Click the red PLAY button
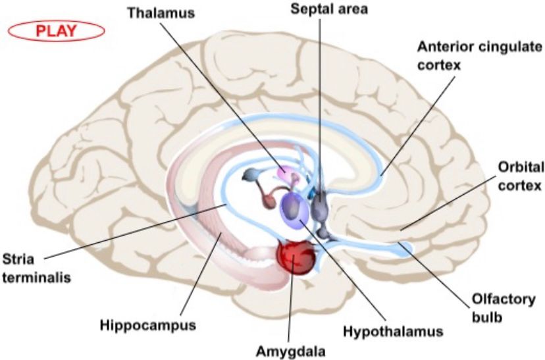pyautogui.click(x=56, y=31)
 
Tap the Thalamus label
pyautogui.click(x=161, y=13)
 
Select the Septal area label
pyautogui.click(x=329, y=9)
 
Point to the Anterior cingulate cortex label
pyautogui.click(x=480, y=55)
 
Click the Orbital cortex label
pyautogui.click(x=521, y=176)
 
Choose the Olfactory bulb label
pyautogui.click(x=504, y=308)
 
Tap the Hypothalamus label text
pyautogui.click(x=393, y=332)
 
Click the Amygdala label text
pyautogui.click(x=291, y=351)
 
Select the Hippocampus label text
pyautogui.click(x=147, y=325)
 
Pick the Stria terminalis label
pyautogui.click(x=36, y=269)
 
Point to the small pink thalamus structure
pyautogui.click(x=286, y=171)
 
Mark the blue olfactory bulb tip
pyautogui.click(x=407, y=249)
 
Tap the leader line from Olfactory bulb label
pyautogui.click(x=433, y=274)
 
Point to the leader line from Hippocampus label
pyautogui.click(x=200, y=274)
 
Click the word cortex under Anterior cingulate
pyautogui.click(x=438, y=64)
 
